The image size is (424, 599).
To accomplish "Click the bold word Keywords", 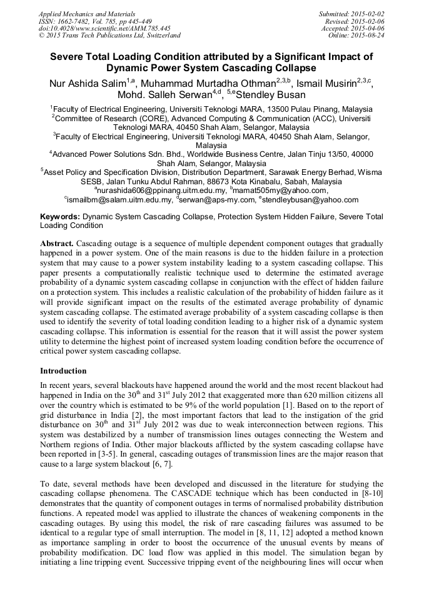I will [59, 216].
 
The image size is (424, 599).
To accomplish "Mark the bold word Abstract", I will [56, 242].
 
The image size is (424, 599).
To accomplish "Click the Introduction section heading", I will [63, 371].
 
